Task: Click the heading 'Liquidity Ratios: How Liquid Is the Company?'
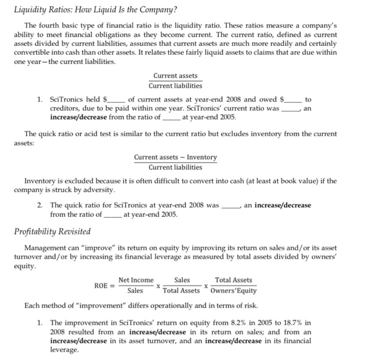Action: [x=95, y=10]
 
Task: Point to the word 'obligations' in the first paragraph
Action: [x=113, y=34]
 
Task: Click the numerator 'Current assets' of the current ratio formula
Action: [x=175, y=76]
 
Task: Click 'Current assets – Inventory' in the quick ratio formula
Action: [x=175, y=157]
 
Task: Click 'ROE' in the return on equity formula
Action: [x=101, y=286]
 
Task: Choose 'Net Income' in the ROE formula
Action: [x=136, y=280]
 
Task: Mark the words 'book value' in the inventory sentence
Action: [x=290, y=181]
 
